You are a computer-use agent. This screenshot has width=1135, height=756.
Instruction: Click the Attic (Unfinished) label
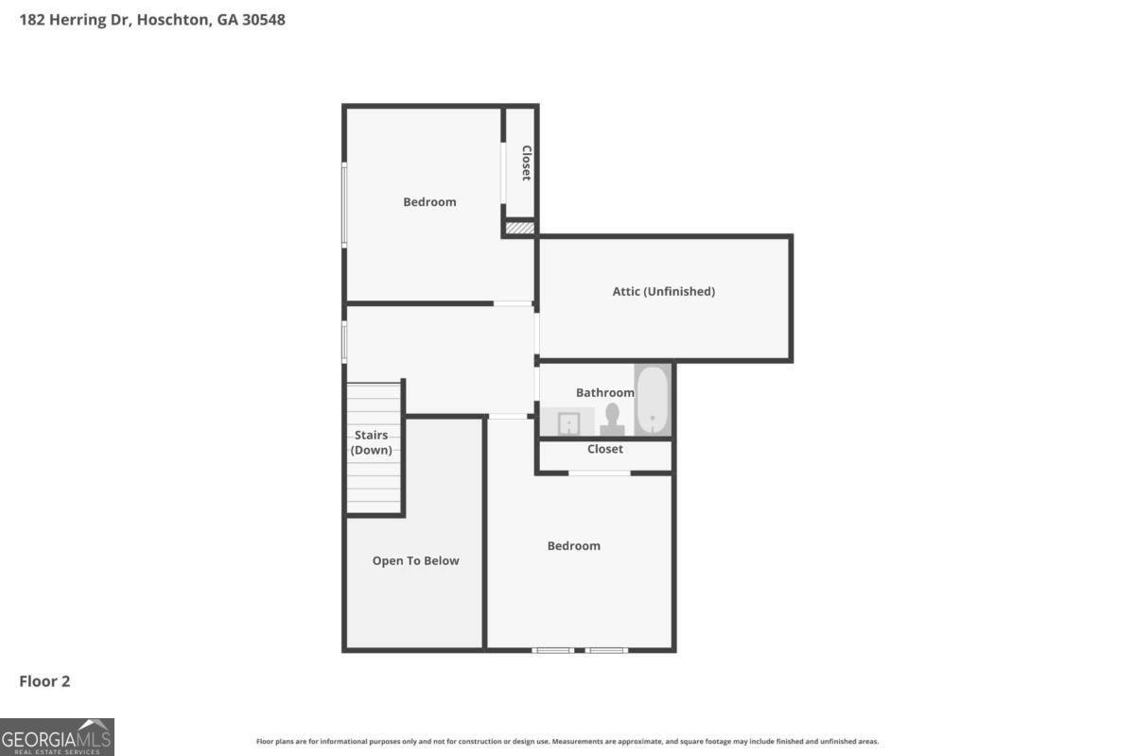663,291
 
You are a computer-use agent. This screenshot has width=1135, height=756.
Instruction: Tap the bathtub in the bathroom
653,401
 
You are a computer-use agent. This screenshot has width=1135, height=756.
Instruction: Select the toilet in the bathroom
612,420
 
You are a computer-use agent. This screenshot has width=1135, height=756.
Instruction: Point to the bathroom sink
568,423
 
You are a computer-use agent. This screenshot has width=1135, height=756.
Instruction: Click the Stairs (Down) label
372,442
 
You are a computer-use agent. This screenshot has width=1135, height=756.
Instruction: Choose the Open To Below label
415,560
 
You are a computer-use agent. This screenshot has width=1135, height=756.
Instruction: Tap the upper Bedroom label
429,201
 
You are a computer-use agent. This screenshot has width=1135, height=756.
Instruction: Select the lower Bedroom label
573,545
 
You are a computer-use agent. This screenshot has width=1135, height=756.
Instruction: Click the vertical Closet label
526,163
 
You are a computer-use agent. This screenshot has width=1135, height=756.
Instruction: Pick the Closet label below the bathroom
604,449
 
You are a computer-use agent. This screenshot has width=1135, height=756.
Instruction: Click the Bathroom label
604,392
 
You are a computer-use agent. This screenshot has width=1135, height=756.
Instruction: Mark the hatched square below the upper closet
519,228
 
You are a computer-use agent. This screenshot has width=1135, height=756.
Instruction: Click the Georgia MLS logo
57,736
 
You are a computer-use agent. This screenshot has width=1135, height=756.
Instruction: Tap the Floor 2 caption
44,680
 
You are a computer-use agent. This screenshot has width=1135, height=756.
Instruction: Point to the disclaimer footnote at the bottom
567,742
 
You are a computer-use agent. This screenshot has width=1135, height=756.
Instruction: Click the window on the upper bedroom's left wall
344,204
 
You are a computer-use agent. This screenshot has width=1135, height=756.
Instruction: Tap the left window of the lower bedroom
552,650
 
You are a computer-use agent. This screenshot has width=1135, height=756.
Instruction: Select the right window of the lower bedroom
606,650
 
